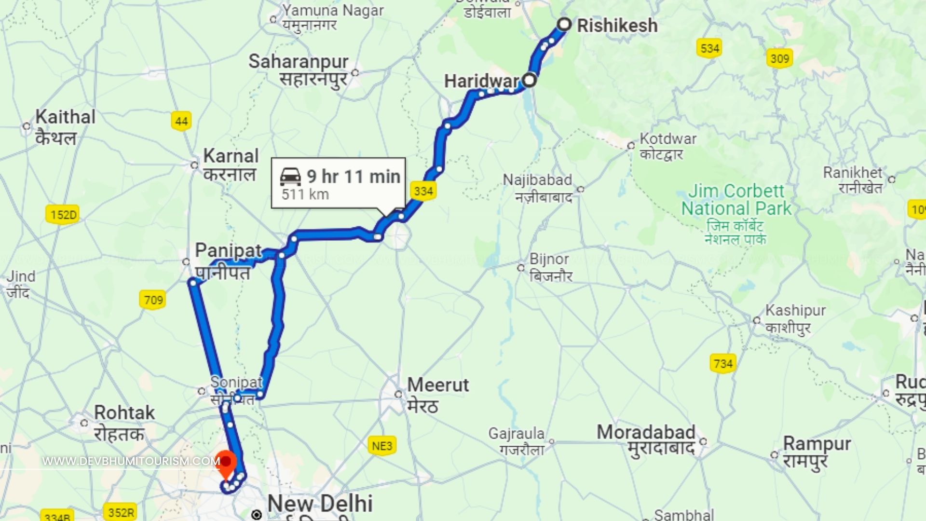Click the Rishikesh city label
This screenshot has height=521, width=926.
point(617,26)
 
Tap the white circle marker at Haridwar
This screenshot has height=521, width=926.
point(530,80)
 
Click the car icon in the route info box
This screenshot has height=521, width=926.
point(290,177)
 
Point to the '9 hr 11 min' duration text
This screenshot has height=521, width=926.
point(354,177)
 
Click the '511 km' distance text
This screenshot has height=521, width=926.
point(305,194)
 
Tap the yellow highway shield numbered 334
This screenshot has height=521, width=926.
point(423,191)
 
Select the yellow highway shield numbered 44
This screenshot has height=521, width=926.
point(181,121)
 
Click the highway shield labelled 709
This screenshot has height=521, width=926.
point(153,300)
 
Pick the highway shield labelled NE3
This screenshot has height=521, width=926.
point(382,446)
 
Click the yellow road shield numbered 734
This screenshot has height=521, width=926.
point(722,363)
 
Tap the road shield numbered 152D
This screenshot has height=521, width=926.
point(63,215)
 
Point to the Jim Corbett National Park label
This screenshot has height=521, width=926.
point(736,200)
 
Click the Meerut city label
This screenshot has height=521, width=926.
point(437,385)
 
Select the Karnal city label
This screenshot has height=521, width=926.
point(231,156)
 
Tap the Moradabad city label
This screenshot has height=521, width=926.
point(646,432)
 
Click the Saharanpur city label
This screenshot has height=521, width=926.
point(298,62)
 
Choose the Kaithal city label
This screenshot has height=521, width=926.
point(65,117)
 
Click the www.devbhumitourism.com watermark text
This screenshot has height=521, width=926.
point(131,461)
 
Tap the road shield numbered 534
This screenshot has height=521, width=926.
point(709,48)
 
